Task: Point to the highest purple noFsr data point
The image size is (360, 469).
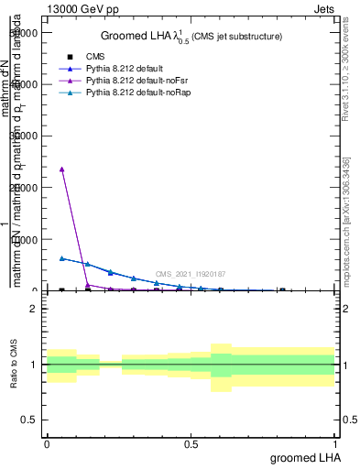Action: [x=61, y=169]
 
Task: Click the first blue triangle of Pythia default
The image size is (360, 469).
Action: [x=61, y=258]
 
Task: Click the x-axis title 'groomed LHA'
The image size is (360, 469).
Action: [x=303, y=457]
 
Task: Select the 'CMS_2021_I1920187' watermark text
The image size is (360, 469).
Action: [x=191, y=274]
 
